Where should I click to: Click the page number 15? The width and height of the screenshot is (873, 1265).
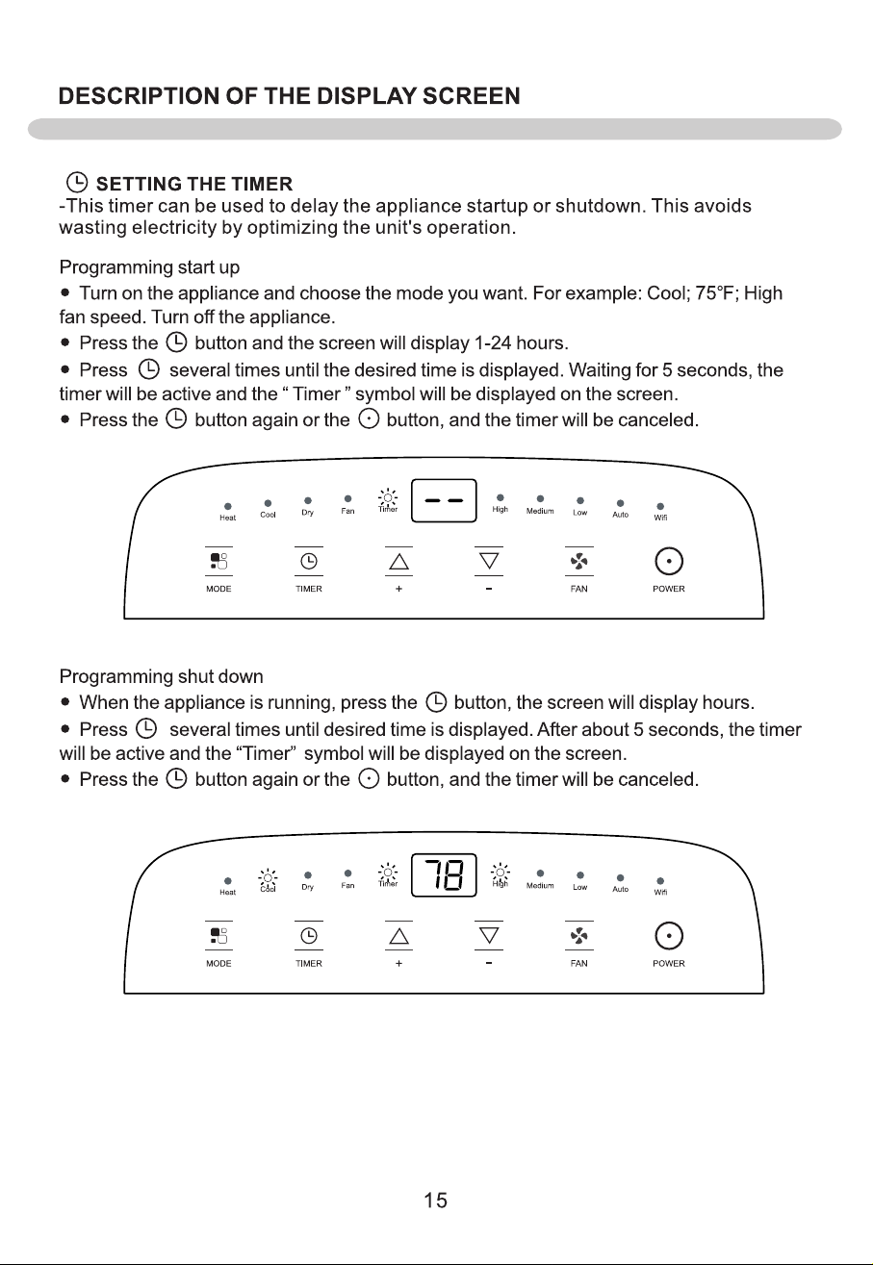tap(435, 1200)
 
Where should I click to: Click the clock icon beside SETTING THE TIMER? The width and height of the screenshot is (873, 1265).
tap(77, 183)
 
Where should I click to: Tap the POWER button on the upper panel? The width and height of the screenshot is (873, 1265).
tap(669, 562)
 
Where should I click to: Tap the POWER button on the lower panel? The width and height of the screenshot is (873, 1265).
tap(669, 936)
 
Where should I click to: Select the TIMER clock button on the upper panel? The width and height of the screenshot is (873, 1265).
tap(309, 562)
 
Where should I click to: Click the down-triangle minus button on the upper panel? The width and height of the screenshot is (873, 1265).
tap(489, 562)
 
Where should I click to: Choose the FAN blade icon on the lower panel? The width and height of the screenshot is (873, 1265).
tap(578, 936)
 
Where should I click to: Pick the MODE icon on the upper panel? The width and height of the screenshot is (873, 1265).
tap(218, 562)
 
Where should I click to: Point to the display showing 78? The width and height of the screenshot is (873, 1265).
tap(444, 874)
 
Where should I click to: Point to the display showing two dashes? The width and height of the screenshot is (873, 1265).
tap(444, 500)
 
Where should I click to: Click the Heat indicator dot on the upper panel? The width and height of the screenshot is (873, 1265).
tap(228, 506)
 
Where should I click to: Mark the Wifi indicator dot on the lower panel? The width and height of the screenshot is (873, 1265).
tap(660, 881)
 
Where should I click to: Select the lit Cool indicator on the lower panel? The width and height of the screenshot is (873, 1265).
tap(268, 878)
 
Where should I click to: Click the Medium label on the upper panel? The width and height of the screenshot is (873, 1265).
tap(540, 511)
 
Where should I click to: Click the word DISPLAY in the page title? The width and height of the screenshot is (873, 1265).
tap(366, 96)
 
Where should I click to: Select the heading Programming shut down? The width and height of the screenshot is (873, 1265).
tap(161, 676)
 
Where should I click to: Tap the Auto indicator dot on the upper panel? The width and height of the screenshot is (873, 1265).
tap(621, 503)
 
